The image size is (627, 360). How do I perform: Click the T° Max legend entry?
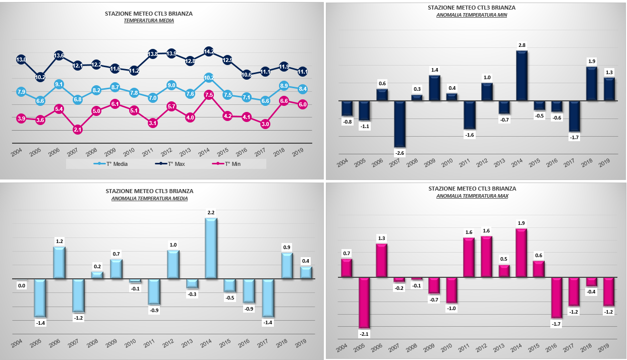point(170,164)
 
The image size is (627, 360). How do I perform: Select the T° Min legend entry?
point(226,164)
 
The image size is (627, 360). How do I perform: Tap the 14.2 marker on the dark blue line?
point(209,51)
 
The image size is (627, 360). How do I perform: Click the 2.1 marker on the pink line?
point(78,130)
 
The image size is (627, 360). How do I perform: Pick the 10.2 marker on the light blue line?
point(209,78)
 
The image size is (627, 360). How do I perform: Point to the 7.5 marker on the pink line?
point(209,95)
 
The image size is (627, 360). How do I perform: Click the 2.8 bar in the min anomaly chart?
point(522,76)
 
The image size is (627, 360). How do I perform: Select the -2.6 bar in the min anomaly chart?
point(400,124)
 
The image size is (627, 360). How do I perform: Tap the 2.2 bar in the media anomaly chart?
point(211,249)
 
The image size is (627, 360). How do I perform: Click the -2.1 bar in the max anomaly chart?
point(364,303)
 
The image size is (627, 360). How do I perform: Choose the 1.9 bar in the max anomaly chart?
point(521,253)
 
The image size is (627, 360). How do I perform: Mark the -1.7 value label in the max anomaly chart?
point(556,324)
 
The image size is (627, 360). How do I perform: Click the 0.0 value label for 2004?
point(22,285)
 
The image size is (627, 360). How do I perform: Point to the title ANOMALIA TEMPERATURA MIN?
point(472,15)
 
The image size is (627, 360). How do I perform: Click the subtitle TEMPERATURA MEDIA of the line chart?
point(149,20)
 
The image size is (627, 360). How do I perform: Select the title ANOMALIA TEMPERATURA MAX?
point(472,196)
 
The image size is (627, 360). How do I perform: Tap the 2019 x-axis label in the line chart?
point(298,152)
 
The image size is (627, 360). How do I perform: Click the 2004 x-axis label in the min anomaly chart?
point(342,162)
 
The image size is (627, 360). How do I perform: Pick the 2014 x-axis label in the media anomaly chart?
point(206,343)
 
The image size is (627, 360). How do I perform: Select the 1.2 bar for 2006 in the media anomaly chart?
point(60,263)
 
